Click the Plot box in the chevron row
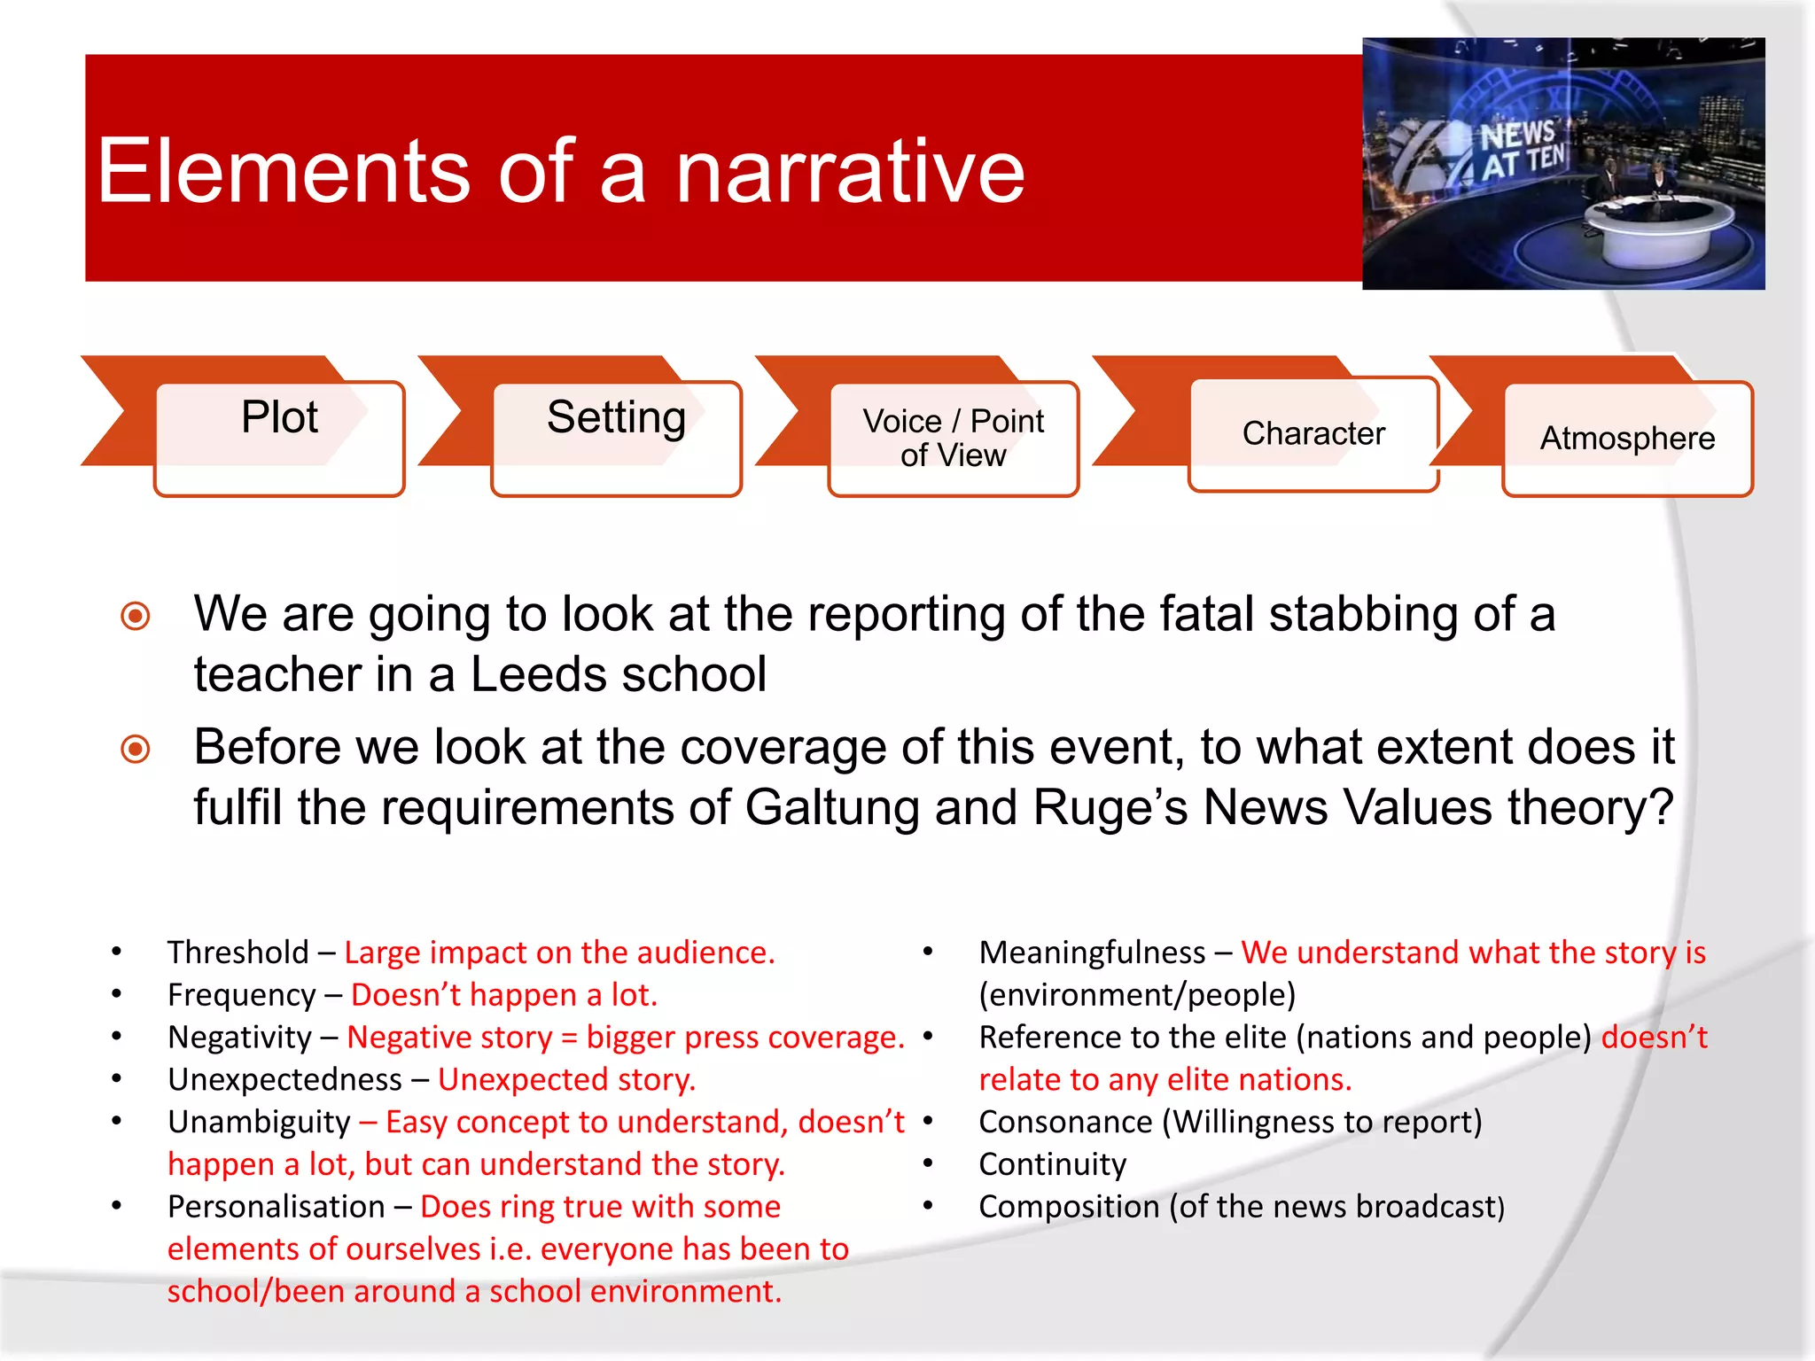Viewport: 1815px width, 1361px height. [279, 438]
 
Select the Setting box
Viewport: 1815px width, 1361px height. [616, 438]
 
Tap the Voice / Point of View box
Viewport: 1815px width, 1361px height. [954, 438]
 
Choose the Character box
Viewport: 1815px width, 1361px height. [1313, 433]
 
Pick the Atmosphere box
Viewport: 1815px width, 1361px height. [1627, 438]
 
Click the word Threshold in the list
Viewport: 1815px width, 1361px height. [238, 953]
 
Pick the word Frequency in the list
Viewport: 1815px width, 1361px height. [241, 995]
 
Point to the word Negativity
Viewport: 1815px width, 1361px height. [239, 1038]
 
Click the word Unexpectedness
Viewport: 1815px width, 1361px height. [284, 1080]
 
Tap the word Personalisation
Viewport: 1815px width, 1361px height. [276, 1207]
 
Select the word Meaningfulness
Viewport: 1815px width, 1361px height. [1092, 953]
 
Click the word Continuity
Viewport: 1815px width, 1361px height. [1052, 1164]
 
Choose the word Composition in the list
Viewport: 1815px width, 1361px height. [1069, 1207]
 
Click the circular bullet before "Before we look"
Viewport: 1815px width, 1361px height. [136, 749]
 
